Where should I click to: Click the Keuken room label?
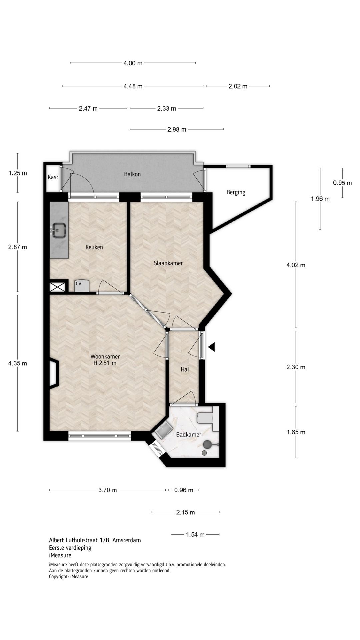pyautogui.click(x=94, y=247)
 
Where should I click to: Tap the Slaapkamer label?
pyautogui.click(x=168, y=263)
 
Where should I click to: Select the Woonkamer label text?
pyautogui.click(x=105, y=356)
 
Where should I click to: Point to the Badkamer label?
pyautogui.click(x=189, y=435)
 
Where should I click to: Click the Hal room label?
pyautogui.click(x=185, y=369)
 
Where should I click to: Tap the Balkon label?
pyautogui.click(x=132, y=174)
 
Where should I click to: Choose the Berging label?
pyautogui.click(x=236, y=192)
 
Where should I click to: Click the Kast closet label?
pyautogui.click(x=53, y=177)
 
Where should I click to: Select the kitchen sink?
pyautogui.click(x=59, y=230)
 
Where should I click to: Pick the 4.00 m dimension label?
pyautogui.click(x=133, y=63)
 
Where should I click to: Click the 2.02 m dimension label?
pyautogui.click(x=238, y=86)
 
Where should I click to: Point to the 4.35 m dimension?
pyautogui.click(x=18, y=363)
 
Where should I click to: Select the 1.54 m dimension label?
pyautogui.click(x=195, y=535)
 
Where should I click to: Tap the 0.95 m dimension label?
pyautogui.click(x=342, y=183)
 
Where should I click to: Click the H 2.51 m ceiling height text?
pyautogui.click(x=105, y=363)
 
